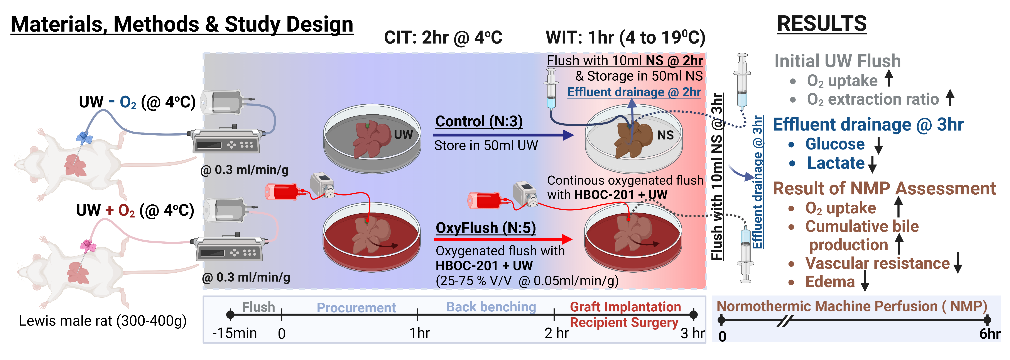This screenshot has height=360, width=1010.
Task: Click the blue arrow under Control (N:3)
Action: (503, 135)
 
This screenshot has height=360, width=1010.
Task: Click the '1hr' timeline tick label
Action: (419, 333)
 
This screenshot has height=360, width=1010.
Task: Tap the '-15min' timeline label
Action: (235, 333)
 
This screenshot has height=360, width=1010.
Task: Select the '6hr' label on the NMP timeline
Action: (989, 334)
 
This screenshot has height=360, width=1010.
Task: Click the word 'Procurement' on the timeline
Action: (356, 307)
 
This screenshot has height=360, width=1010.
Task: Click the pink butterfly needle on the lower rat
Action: (88, 246)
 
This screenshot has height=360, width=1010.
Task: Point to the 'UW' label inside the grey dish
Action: (403, 134)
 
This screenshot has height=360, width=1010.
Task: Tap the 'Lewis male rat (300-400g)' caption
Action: (103, 321)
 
